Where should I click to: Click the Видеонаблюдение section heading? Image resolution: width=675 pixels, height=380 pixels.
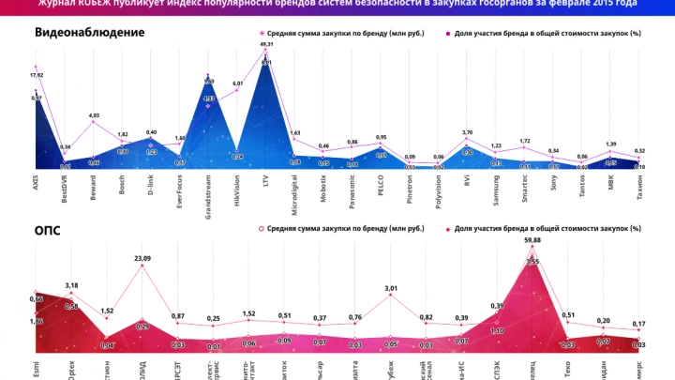tap(89, 32)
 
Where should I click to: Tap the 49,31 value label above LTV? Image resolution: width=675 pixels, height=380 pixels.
tap(266, 44)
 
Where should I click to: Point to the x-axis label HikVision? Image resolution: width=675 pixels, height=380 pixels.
tap(237, 188)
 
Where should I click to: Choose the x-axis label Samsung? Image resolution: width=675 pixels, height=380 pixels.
tap(497, 189)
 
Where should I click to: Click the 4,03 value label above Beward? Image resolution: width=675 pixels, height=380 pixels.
tap(94, 115)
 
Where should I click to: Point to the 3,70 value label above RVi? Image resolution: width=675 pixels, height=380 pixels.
tap(468, 132)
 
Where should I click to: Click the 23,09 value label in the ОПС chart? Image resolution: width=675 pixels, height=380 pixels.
tap(142, 257)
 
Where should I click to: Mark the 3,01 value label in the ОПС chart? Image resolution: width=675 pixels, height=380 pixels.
tap(391, 288)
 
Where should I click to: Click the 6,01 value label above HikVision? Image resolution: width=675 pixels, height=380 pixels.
tap(237, 84)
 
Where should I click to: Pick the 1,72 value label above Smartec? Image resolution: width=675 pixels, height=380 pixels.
tap(525, 141)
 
